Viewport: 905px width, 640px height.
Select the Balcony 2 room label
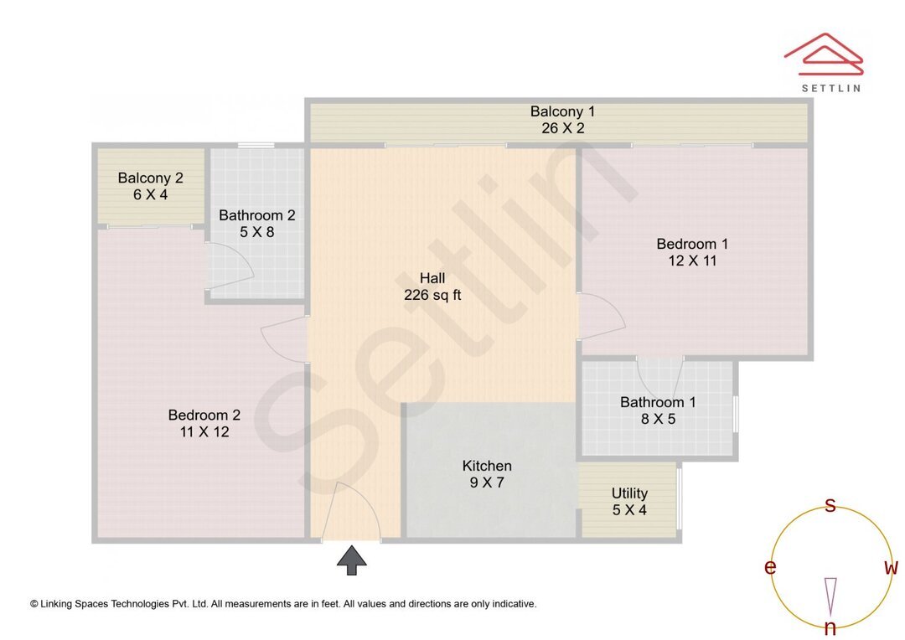[x=151, y=186]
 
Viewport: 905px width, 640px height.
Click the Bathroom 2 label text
[x=256, y=224]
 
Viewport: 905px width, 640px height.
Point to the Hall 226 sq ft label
[x=432, y=286]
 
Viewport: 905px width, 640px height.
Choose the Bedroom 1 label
[x=692, y=252]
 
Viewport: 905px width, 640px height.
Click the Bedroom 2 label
[x=204, y=423]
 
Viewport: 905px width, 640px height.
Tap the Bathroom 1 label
[x=658, y=410]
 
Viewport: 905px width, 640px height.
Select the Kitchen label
[x=487, y=474]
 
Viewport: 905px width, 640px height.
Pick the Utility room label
[x=629, y=501]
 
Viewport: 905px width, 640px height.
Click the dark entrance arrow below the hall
[x=352, y=560]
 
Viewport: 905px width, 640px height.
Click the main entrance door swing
[x=352, y=511]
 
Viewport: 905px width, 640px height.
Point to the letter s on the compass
[x=830, y=504]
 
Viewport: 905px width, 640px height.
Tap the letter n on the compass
[x=830, y=627]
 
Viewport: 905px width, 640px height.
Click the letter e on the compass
[x=770, y=567]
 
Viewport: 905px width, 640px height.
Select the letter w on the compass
[x=892, y=567]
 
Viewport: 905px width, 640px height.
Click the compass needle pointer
[x=830, y=596]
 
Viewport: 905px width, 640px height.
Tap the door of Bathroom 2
[x=230, y=266]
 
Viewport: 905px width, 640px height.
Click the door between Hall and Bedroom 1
[x=601, y=317]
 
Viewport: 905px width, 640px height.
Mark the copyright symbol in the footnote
[x=34, y=603]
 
